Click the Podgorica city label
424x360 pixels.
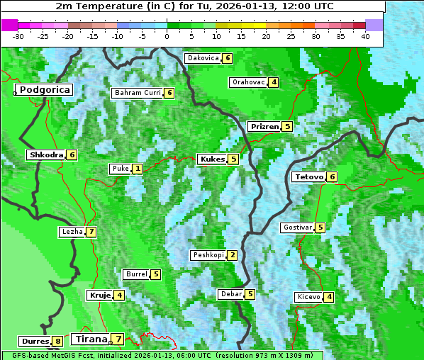(x=43, y=90)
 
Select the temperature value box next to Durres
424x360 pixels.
(x=57, y=342)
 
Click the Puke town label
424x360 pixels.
(x=119, y=169)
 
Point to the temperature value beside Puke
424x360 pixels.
(x=137, y=169)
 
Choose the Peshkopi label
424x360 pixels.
(x=208, y=255)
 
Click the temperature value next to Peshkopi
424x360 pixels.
(x=232, y=255)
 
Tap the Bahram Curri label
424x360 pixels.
(x=138, y=93)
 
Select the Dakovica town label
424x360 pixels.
(x=202, y=58)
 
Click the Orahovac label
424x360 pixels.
(x=248, y=82)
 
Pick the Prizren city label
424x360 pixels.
(x=264, y=127)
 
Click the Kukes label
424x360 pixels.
(x=212, y=159)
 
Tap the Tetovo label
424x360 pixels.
(x=308, y=176)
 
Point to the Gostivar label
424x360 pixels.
(x=296, y=227)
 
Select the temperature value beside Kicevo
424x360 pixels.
(x=329, y=297)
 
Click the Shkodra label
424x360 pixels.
(x=46, y=154)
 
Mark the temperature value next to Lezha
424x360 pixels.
(x=91, y=232)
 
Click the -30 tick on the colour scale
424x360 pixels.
(x=18, y=35)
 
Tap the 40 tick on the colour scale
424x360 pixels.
(x=365, y=35)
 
